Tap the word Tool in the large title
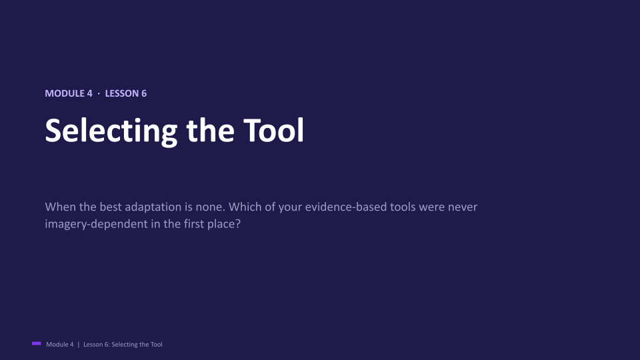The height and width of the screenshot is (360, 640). point(274,130)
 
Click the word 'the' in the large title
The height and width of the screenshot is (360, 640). point(210,130)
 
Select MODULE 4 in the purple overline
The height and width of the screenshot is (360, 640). point(69,93)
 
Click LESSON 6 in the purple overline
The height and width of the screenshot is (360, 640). point(126,93)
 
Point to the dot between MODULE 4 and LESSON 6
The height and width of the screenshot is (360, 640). point(99,94)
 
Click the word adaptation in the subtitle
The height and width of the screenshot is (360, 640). point(153,207)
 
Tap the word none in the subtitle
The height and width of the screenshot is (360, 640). point(210,207)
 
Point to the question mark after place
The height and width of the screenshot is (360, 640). point(238,224)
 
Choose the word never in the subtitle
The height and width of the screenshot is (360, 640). point(463,207)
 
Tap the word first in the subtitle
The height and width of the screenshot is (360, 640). point(194,224)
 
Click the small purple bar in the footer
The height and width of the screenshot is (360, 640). point(36,344)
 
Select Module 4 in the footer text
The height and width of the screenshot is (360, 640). point(60,345)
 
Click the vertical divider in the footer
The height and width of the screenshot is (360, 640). point(79,345)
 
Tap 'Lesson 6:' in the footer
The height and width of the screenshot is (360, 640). point(97,345)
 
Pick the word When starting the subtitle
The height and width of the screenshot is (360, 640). point(61,207)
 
